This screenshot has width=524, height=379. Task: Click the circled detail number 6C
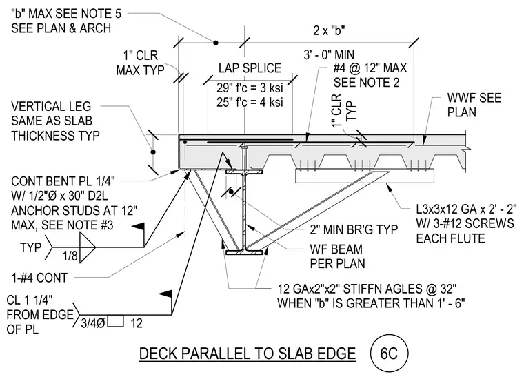[389, 354]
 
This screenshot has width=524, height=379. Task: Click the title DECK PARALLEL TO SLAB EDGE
[248, 354]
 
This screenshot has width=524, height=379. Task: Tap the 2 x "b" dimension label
[329, 30]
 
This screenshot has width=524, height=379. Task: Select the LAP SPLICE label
[250, 68]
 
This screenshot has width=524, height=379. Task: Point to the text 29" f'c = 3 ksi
[250, 88]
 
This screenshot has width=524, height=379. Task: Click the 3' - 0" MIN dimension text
[329, 54]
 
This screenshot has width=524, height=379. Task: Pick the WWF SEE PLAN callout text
[474, 105]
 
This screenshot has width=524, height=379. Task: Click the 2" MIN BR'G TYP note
[354, 229]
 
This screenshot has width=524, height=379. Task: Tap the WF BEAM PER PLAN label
[338, 256]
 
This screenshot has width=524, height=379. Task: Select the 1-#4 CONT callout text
[39, 278]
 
